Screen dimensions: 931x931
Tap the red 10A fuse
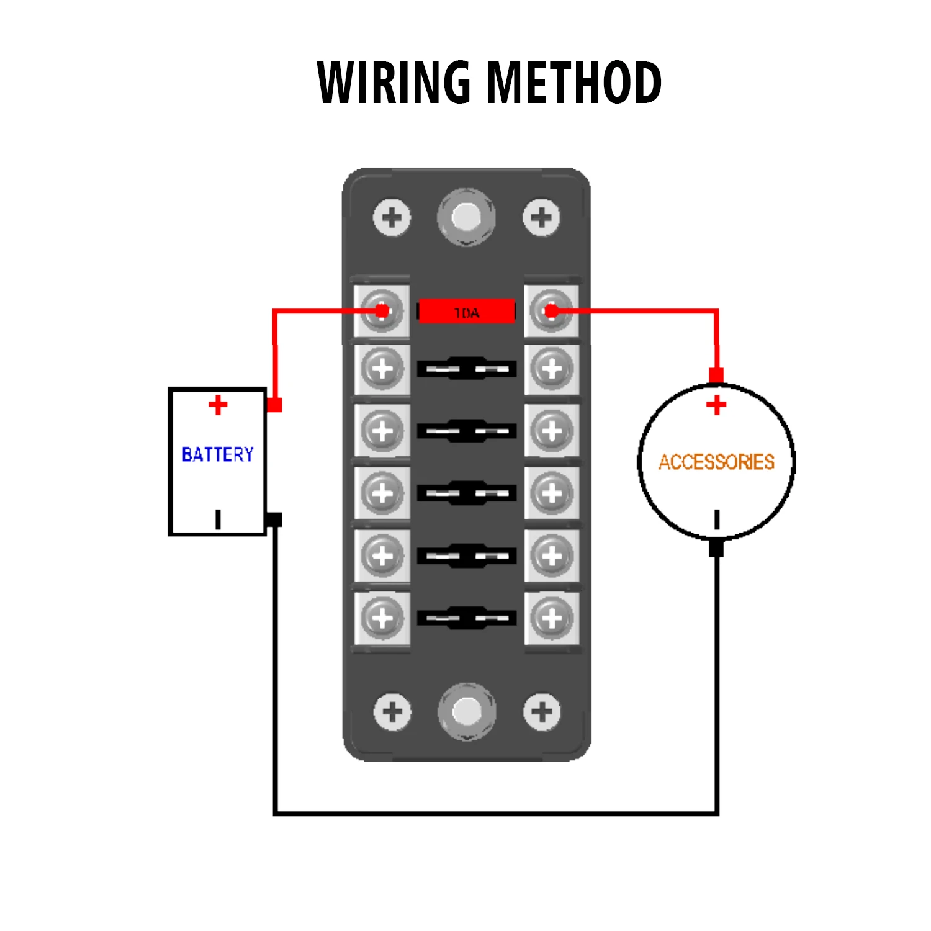click(467, 312)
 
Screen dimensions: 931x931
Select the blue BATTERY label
click(218, 454)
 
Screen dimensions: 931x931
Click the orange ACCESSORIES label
click(716, 462)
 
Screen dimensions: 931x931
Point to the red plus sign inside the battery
click(218, 405)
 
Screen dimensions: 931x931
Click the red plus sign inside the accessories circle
click(716, 405)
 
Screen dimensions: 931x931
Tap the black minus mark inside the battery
click(218, 519)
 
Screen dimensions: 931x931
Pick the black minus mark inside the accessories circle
click(717, 519)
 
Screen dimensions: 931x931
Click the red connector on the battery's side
click(274, 405)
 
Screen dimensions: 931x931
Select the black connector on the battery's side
click(274, 519)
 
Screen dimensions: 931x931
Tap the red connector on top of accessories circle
click(716, 376)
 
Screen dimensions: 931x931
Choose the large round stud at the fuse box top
click(466, 217)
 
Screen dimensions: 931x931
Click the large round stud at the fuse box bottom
click(467, 711)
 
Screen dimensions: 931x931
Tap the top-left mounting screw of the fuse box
click(392, 217)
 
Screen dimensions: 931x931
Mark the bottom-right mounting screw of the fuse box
click(542, 711)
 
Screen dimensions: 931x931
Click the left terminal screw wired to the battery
click(382, 310)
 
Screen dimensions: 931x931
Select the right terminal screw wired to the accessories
click(551, 310)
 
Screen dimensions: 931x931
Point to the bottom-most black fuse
click(467, 618)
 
